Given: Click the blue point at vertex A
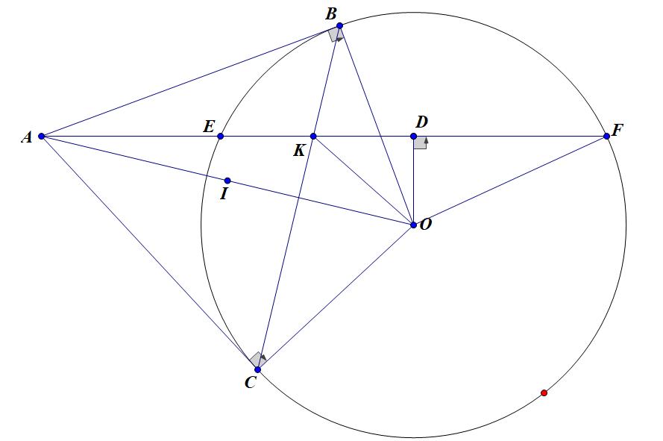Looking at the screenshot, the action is tap(42, 137).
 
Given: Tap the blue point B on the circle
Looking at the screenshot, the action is tap(339, 26).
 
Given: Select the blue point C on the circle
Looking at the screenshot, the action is tap(257, 369).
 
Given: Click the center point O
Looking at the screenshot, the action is tap(414, 224).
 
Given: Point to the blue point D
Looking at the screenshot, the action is tap(414, 137).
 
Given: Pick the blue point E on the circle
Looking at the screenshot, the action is tap(220, 137).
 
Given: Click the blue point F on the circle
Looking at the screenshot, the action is tap(607, 137).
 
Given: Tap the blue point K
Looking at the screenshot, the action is tap(313, 137).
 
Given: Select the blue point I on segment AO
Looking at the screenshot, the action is tap(227, 181).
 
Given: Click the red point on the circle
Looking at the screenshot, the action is tap(544, 392).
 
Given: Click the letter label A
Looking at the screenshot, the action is tap(26, 137).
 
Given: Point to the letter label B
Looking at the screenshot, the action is tap(330, 13).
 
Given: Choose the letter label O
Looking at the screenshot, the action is tap(426, 224).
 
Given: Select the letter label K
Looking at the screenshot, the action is tap(298, 151).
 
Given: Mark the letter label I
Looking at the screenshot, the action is tap(223, 195).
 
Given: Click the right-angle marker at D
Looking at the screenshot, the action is tap(421, 143).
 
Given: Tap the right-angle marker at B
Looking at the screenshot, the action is tap(336, 35).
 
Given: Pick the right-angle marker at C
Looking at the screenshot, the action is tap(257, 360).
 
